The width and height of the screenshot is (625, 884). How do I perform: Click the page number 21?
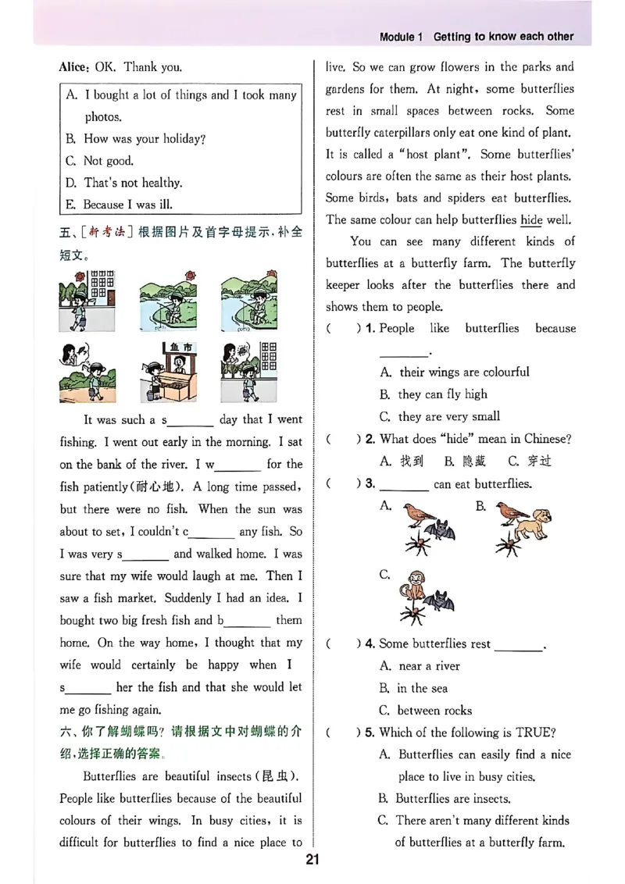pyautogui.click(x=312, y=861)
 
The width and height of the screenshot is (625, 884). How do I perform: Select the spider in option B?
pyautogui.click(x=508, y=545)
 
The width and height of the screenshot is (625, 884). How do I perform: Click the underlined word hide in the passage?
pyautogui.click(x=531, y=220)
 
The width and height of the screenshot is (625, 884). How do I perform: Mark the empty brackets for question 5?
pyautogui.click(x=340, y=733)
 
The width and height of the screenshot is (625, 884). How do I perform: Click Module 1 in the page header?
pyautogui.click(x=401, y=37)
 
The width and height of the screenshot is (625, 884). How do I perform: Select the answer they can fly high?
pyautogui.click(x=442, y=394)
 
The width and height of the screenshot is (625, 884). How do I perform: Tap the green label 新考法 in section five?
pyautogui.click(x=105, y=233)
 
